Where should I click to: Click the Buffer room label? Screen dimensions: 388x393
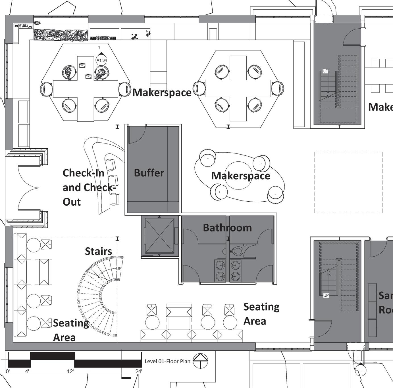click(x=149, y=173)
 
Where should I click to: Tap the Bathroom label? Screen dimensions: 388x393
click(x=227, y=227)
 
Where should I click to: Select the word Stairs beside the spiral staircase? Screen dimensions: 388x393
click(x=98, y=251)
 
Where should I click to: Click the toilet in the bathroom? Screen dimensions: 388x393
click(x=236, y=251)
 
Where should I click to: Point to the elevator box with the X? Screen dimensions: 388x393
click(x=159, y=236)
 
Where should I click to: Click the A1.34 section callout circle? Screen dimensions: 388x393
click(x=101, y=60)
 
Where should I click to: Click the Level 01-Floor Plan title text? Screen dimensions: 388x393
click(x=167, y=361)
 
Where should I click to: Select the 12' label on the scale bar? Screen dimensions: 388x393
click(x=70, y=371)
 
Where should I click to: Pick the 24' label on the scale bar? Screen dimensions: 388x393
click(x=138, y=371)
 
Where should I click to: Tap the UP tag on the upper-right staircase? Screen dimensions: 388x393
click(x=325, y=71)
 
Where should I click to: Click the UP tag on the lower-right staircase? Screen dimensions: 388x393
click(x=326, y=296)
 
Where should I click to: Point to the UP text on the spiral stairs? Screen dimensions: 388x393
click(x=118, y=268)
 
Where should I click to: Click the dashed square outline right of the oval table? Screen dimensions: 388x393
click(x=348, y=182)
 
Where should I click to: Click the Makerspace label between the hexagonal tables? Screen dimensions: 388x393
click(x=162, y=92)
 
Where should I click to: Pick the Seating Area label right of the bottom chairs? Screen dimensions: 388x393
click(x=261, y=314)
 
